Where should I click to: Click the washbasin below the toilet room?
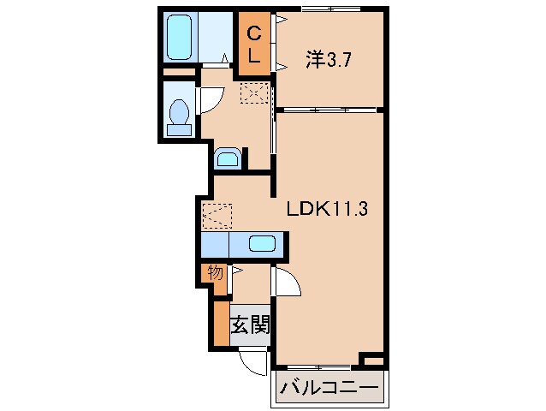pyautogui.click(x=227, y=158)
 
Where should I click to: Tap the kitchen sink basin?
pyautogui.click(x=262, y=243)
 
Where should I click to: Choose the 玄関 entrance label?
pyautogui.click(x=251, y=325)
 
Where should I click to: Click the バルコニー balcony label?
pyautogui.click(x=329, y=389)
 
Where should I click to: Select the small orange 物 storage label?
pyautogui.click(x=214, y=274)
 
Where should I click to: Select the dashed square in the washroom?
pyautogui.click(x=255, y=92)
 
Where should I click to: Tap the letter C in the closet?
pyautogui.click(x=254, y=33)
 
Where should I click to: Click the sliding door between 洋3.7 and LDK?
pyautogui.click(x=329, y=110)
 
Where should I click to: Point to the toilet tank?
pyautogui.click(x=180, y=130)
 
